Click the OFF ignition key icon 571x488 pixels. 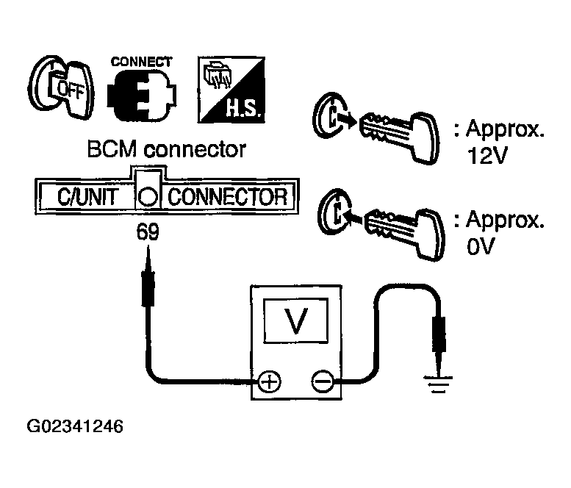click(61, 87)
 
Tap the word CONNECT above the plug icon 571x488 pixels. click(141, 62)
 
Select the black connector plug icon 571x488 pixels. click(142, 95)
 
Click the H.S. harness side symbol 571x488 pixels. click(231, 90)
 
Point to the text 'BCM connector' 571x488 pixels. click(166, 149)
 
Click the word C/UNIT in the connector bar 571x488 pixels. click(87, 197)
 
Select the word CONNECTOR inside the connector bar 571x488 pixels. click(228, 197)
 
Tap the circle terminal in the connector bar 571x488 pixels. click(148, 198)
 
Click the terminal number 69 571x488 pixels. click(148, 232)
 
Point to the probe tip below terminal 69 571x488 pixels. click(148, 247)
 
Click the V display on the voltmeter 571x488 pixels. click(295, 320)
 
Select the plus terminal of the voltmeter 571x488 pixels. click(270, 382)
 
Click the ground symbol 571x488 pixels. click(438, 385)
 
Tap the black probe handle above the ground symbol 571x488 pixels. click(438, 334)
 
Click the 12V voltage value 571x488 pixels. click(488, 157)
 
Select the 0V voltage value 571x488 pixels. click(481, 246)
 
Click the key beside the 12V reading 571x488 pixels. click(399, 137)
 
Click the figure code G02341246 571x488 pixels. click(76, 426)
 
